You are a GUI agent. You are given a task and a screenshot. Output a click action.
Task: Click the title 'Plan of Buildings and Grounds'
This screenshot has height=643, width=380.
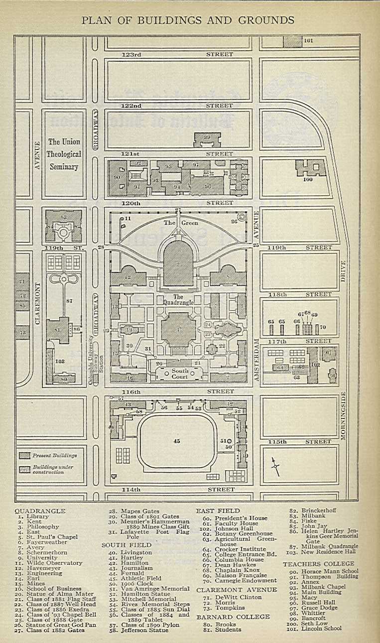pos(188,20)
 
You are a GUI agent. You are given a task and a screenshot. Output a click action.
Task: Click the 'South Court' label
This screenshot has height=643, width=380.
pos(180,374)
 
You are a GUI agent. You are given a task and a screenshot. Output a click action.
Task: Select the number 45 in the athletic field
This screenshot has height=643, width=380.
pos(177,441)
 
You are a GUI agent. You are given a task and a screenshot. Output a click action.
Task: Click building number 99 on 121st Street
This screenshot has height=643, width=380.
pos(207,139)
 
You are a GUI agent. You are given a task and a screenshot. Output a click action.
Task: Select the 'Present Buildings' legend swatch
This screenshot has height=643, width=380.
pos(25,455)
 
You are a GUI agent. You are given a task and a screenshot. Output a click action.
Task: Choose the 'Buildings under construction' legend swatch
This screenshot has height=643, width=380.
pos(25,469)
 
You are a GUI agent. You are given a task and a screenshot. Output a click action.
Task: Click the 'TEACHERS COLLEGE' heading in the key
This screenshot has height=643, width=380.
pos(319,564)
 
